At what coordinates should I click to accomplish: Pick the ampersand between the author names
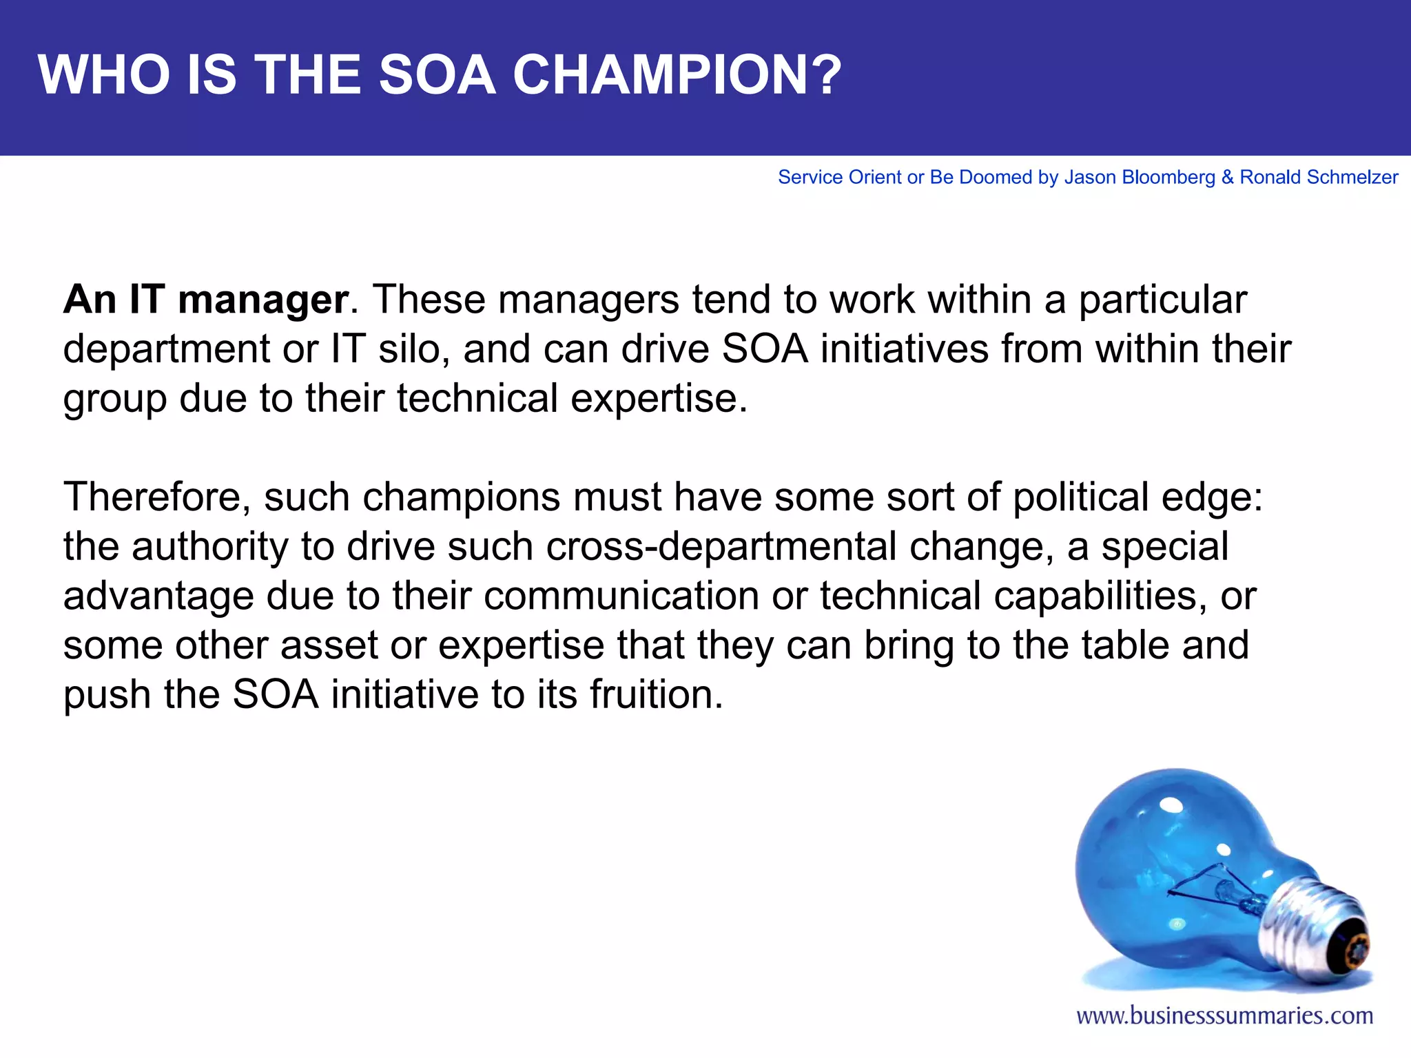coord(1227,178)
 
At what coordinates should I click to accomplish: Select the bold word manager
coord(263,300)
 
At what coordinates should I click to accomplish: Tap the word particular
coord(1162,300)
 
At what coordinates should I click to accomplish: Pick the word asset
coord(329,645)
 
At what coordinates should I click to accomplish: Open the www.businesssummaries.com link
coord(1225,1016)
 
